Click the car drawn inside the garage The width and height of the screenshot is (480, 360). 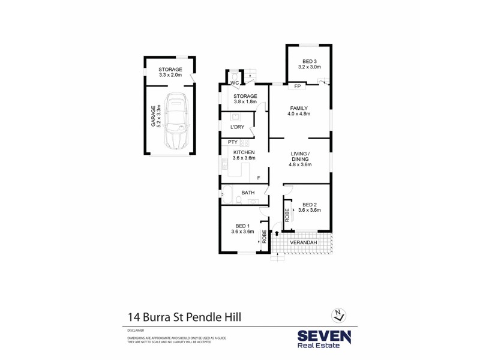point(175,121)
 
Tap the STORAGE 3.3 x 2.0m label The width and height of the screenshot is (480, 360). point(170,73)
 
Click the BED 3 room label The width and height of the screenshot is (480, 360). point(309,64)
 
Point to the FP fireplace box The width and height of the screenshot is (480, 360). point(297,86)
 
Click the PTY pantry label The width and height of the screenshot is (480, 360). point(233,142)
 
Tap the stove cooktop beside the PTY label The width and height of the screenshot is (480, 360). point(245,142)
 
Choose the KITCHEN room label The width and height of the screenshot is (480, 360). point(244,155)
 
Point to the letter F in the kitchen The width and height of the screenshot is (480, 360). point(259,178)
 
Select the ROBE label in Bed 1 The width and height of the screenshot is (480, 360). point(263,236)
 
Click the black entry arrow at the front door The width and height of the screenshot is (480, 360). point(277,233)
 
